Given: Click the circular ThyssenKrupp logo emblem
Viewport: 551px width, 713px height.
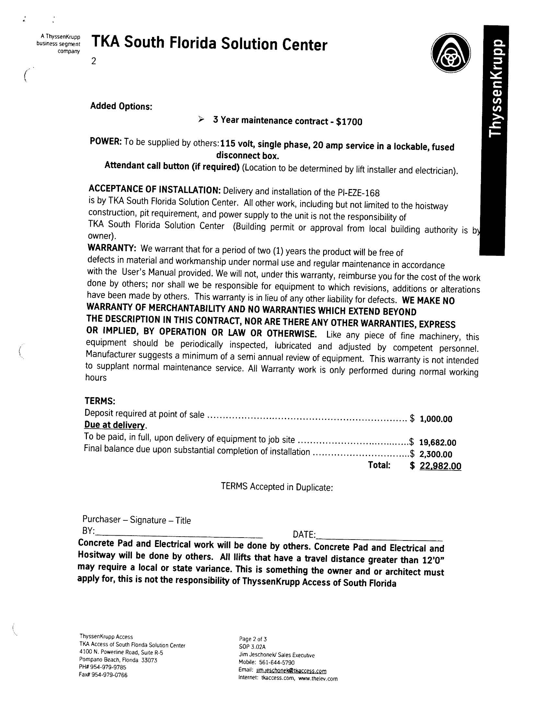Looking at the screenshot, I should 451,53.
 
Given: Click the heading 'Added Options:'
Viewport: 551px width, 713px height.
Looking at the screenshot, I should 121,106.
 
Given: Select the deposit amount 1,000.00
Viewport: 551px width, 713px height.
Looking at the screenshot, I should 436,419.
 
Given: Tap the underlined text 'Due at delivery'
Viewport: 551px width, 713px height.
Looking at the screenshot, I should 114,425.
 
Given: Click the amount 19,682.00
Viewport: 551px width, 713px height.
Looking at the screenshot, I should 438,442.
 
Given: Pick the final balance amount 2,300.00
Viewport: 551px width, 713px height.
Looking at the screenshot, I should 436,454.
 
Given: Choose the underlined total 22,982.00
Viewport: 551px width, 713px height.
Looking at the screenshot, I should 440,466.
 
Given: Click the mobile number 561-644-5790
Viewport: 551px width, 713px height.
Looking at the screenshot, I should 276,662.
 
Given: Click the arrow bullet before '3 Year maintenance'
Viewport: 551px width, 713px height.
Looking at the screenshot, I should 201,120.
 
